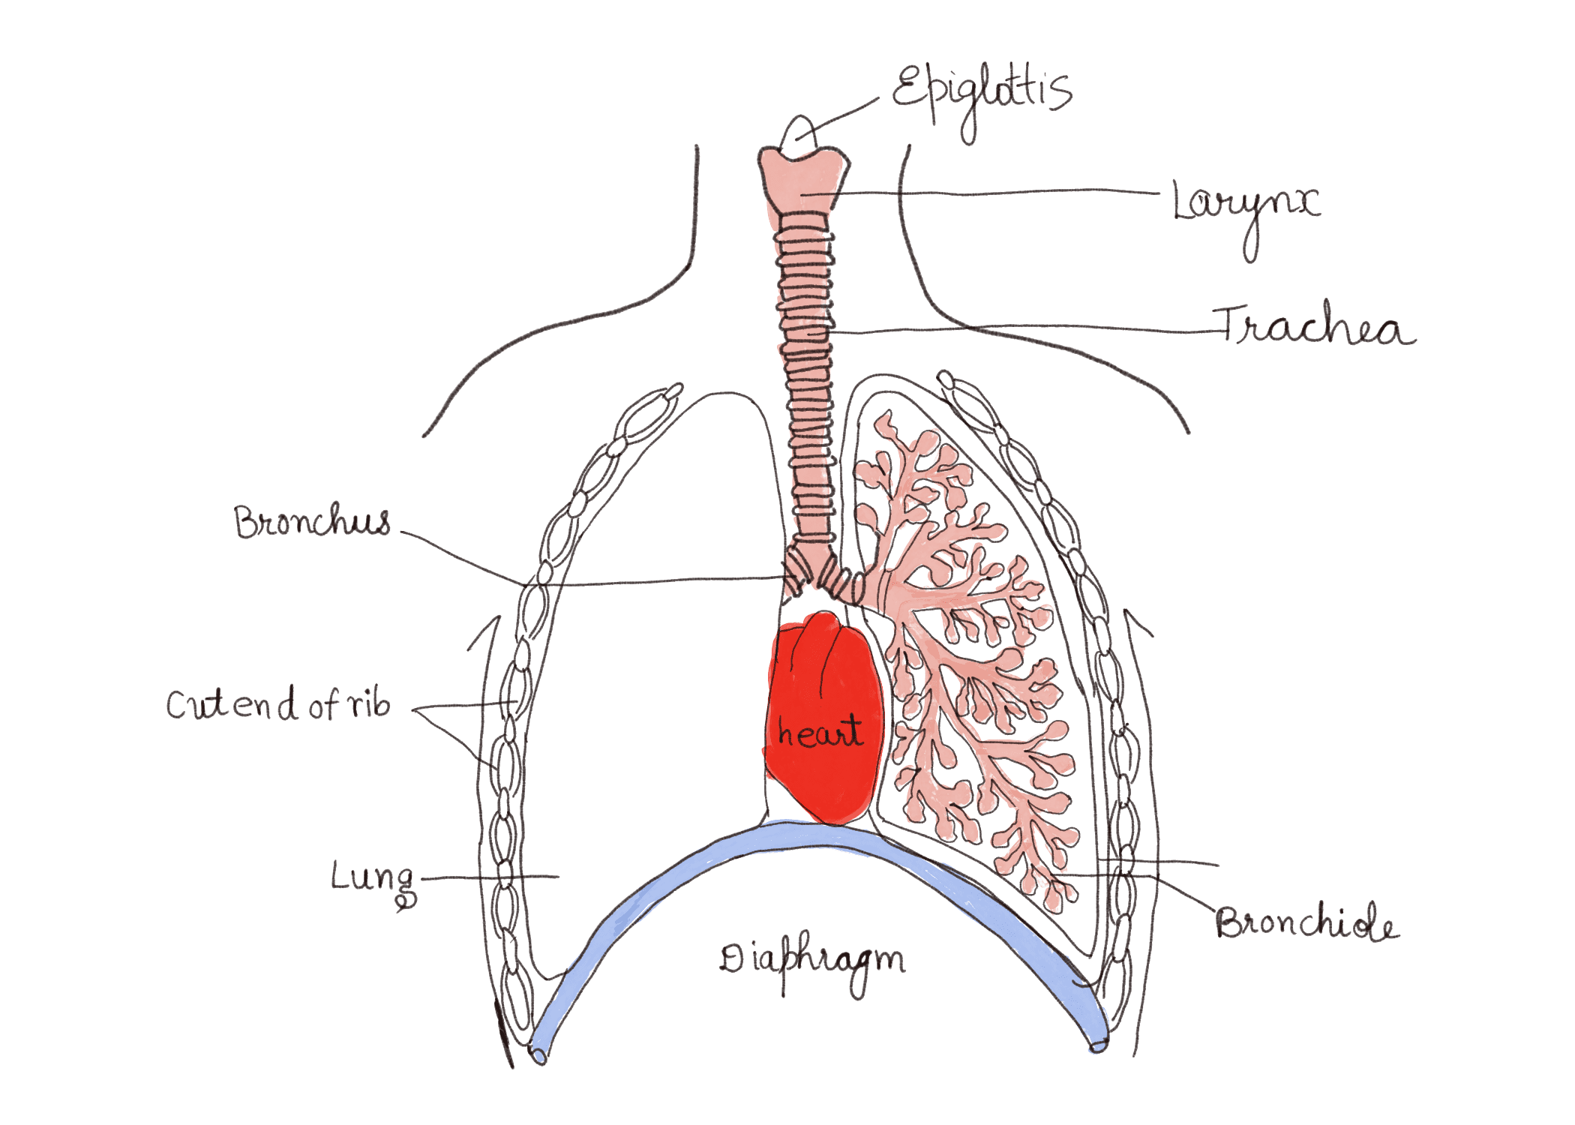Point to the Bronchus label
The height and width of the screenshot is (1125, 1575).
[312, 522]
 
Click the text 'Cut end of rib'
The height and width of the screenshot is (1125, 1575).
[278, 705]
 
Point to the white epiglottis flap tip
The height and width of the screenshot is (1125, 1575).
[799, 131]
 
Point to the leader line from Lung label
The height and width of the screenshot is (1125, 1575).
[487, 876]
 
